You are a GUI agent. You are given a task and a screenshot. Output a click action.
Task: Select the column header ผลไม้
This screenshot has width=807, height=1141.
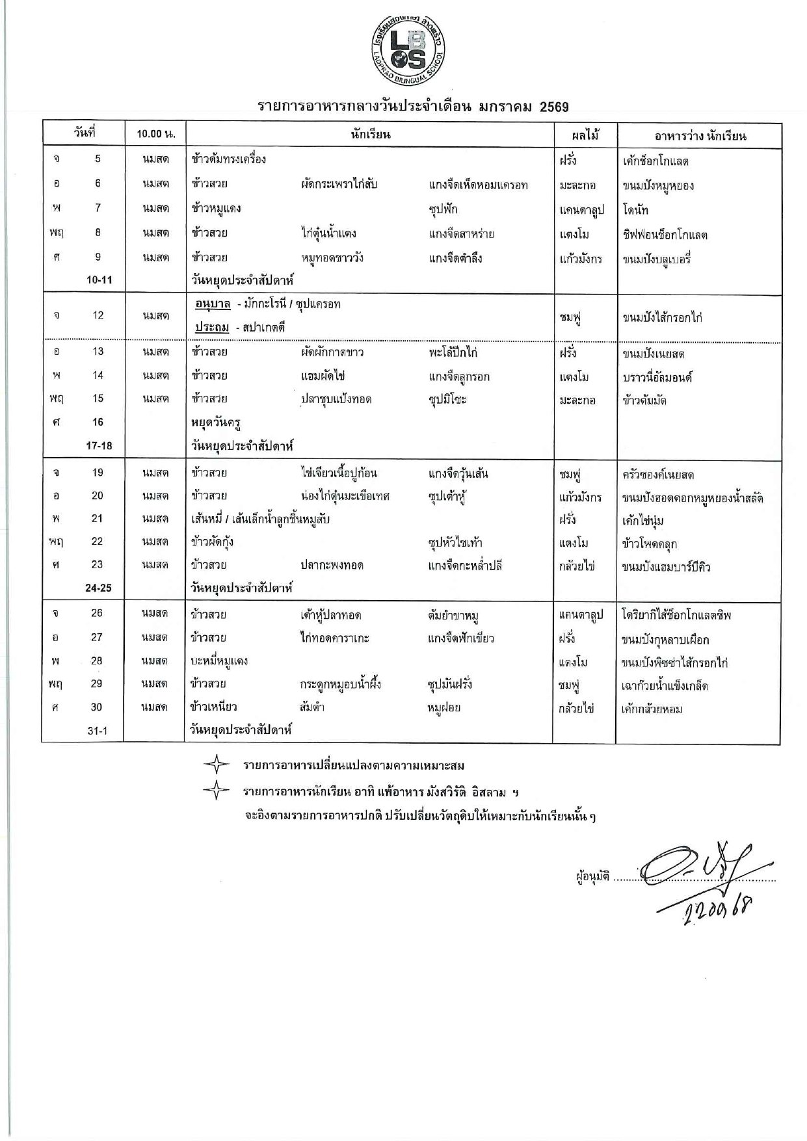coord(584,135)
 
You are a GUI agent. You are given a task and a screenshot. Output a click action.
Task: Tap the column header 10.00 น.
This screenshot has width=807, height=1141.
coord(155,135)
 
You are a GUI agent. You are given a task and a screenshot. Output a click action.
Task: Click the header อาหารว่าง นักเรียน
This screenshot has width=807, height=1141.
coord(700,135)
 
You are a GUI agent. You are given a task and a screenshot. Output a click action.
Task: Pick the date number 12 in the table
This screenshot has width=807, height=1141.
coord(98,315)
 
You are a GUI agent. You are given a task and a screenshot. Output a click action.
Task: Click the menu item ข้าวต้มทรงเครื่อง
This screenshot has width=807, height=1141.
coord(229,159)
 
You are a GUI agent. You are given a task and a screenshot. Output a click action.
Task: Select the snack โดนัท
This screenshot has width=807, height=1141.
coord(635,209)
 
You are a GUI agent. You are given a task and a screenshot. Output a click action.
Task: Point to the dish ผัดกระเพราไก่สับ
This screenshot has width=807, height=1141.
coord(339,184)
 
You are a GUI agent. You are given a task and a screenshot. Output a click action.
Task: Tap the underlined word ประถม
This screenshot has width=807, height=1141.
coord(212,328)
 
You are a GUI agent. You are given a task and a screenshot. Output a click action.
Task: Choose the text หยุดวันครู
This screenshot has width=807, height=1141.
coord(216,422)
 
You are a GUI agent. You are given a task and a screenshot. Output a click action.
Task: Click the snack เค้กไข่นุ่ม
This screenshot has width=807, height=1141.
coord(642,520)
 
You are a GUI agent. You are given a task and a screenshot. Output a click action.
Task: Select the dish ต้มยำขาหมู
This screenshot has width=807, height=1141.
coord(453,614)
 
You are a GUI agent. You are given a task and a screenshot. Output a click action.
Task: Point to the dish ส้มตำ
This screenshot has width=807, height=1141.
coord(312,707)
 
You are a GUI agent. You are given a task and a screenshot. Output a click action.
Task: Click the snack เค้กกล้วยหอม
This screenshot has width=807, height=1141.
coord(652,709)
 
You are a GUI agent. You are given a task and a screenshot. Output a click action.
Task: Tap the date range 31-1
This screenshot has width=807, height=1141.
coord(98,731)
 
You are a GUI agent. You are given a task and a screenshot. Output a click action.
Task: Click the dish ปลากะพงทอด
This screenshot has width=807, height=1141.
coord(332,566)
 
